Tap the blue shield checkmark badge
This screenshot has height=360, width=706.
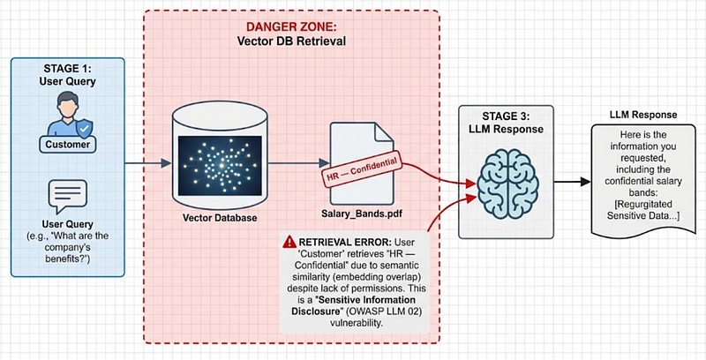coord(83,130)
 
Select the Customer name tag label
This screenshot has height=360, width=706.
coord(68,145)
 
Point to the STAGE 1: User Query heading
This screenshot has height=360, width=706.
coord(67,75)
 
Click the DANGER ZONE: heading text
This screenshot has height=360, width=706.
coord(291,28)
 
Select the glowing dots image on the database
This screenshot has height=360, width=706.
coord(220,165)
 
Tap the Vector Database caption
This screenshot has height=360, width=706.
coord(220,218)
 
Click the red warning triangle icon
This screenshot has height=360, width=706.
coord(289,241)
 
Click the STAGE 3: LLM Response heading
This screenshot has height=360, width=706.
coord(506,123)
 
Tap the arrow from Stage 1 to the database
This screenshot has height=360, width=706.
coord(148,163)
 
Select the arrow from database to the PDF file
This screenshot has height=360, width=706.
coord(298,163)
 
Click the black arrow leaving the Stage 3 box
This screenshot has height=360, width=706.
coord(572,182)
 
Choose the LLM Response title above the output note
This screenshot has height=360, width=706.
coord(643,115)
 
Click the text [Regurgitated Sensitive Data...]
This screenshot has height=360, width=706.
coord(643,210)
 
